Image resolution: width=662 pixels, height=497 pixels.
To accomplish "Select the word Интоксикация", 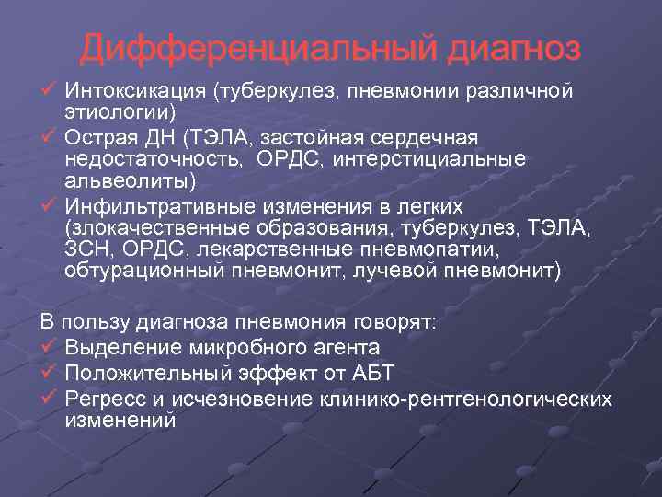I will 135,92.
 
